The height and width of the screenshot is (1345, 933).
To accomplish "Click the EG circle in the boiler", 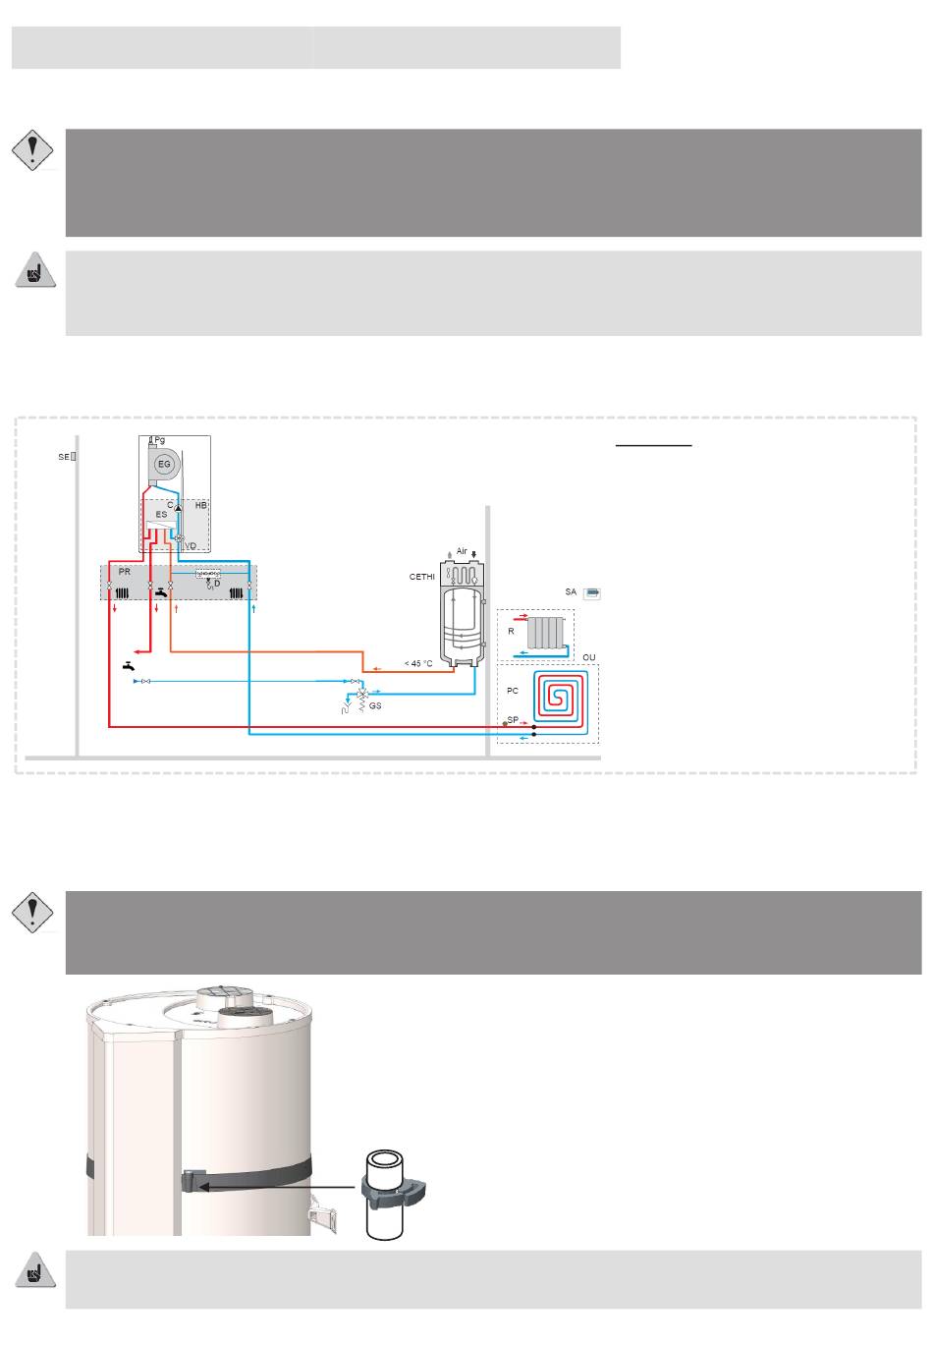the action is coord(164,464).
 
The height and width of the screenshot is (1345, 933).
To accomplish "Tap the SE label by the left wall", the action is coord(64,457).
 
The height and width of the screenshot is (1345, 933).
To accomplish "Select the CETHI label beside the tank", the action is coord(421,577).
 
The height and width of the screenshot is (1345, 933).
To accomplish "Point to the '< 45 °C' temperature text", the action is coord(418,663).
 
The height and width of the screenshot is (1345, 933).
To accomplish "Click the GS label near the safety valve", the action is coord(375,705).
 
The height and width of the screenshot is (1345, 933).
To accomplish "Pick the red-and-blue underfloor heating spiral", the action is coord(560,699).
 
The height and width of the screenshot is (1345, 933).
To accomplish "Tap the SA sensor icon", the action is coord(592,593).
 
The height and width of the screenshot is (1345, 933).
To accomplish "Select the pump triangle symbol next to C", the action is coord(179,507).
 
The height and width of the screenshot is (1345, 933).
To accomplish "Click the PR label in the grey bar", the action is coord(125,572).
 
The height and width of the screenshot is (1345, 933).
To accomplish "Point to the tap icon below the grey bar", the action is coord(129,666).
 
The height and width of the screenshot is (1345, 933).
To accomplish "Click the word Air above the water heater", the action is coord(462,551).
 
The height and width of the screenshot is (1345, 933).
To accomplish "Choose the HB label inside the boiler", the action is coord(201,506).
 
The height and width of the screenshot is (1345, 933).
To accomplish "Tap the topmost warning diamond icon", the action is coord(32,150).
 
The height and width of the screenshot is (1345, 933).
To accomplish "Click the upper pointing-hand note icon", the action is coord(35,269).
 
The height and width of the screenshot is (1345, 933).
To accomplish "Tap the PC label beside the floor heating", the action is coord(512,691).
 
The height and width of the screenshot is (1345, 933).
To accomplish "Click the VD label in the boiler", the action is coord(191,546).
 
